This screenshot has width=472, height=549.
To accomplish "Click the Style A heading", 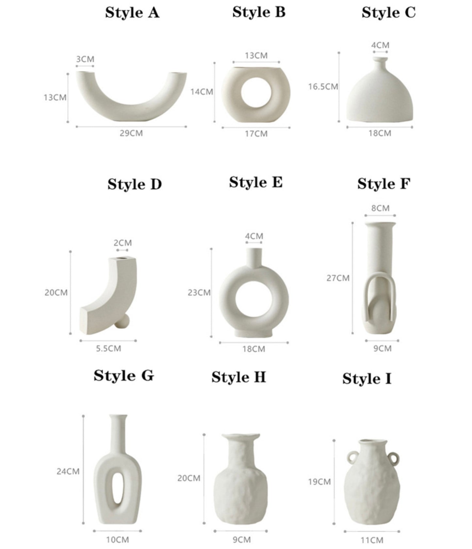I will [132, 13].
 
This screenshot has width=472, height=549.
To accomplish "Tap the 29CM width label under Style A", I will [131, 133].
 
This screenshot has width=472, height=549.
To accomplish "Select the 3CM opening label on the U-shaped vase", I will [85, 59].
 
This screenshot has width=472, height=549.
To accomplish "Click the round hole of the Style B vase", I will [256, 93].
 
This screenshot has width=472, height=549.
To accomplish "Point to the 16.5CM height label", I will [323, 87].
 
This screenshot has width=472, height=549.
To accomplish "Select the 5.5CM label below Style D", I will [108, 348].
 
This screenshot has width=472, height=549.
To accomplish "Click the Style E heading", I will [256, 183].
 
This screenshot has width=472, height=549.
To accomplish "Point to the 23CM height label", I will [199, 292].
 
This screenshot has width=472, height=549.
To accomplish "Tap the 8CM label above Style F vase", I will [380, 208].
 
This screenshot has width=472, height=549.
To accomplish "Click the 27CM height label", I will [338, 278].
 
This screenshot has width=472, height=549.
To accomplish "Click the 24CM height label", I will [68, 471].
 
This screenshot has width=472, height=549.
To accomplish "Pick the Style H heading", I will [238, 377].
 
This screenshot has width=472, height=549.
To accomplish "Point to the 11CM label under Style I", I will [372, 540].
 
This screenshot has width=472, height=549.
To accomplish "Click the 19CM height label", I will [319, 482].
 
